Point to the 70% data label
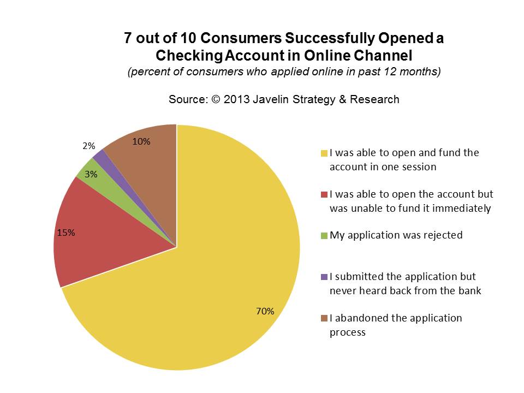tap(265, 311)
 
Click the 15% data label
tap(66, 232)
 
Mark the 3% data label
tap(91, 175)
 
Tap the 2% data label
tap(89, 146)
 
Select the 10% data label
tap(142, 141)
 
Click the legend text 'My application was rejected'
tap(396, 235)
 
